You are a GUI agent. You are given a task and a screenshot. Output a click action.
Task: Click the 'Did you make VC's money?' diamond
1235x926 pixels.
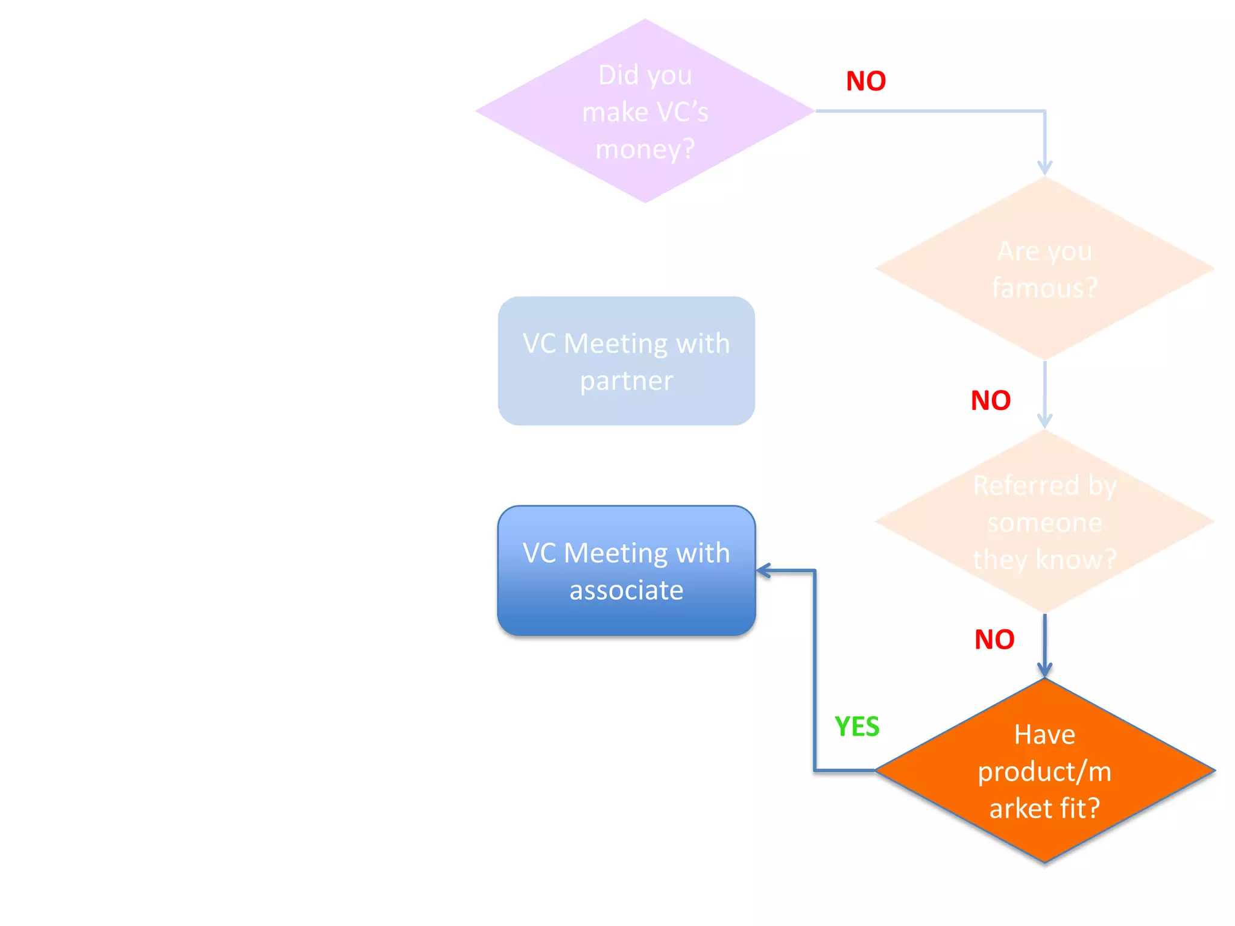point(645,111)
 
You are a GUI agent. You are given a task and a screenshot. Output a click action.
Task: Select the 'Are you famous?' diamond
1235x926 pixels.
point(1044,268)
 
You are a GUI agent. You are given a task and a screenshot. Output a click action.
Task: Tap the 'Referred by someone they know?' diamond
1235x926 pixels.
point(1044,521)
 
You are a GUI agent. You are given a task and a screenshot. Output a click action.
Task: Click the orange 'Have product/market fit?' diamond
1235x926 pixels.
point(1044,770)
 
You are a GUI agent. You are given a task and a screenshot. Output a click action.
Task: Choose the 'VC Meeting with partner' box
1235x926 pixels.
point(626,361)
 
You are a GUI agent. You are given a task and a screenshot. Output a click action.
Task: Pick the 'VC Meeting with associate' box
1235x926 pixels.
point(626,570)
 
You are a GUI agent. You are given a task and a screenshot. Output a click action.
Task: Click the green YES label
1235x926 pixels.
point(857,726)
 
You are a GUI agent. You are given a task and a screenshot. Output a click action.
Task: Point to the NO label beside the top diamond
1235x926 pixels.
point(866,81)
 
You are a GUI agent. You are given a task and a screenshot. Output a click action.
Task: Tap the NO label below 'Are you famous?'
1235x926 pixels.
point(991,400)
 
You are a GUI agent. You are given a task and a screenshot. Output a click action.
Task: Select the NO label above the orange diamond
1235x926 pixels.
point(994,640)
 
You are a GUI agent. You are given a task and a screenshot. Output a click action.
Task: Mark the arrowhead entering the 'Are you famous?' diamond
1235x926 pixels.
point(1044,168)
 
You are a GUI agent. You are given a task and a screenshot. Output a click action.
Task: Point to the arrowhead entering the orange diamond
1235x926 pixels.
point(1044,670)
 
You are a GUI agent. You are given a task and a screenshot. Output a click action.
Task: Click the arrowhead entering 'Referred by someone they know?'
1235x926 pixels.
point(1044,421)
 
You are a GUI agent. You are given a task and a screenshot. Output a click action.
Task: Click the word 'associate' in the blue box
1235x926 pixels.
point(626,590)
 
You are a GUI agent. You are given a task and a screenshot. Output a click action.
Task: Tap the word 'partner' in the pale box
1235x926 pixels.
point(626,381)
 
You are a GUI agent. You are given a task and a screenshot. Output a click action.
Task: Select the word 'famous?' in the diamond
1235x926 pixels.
point(1044,288)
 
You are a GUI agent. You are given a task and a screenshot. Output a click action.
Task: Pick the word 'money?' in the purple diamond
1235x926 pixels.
point(645,149)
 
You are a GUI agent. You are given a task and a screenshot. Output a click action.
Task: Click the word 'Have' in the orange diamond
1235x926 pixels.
point(1044,734)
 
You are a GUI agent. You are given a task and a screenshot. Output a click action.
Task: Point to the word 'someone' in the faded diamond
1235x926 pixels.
point(1044,523)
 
